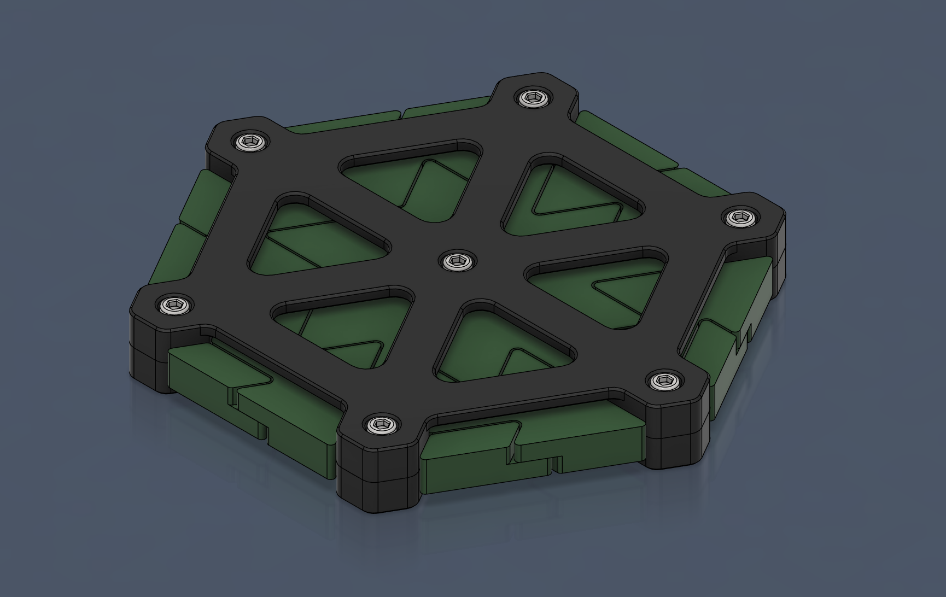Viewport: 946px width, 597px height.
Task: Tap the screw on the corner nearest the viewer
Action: coord(381,424)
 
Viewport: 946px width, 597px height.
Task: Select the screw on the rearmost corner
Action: coord(530,99)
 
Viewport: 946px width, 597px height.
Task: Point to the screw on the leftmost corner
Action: coord(174,305)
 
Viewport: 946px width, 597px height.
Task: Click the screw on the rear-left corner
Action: coord(250,142)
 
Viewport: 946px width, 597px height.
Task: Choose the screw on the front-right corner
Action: coord(663,379)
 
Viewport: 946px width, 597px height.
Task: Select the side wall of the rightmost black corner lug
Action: coord(779,257)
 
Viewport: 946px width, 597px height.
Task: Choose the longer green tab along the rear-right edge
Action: coord(629,139)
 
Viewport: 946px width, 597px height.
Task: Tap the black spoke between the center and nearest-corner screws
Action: coord(421,339)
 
